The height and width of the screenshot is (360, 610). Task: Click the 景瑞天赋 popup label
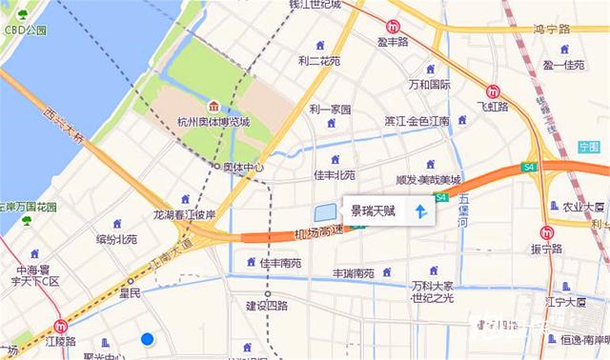pos(373,210)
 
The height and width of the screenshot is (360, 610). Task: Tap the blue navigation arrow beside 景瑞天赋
pos(420,210)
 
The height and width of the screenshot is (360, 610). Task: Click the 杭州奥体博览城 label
pos(213,122)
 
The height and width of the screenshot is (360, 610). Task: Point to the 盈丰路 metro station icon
pos(393,26)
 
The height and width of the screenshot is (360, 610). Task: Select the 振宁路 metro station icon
pos(546,232)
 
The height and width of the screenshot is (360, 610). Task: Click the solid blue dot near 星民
pos(147,338)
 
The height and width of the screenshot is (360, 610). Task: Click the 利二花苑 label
pos(318,60)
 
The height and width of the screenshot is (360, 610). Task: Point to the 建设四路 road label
pos(267,306)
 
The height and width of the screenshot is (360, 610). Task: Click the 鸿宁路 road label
pos(550,30)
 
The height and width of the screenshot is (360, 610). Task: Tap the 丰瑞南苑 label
pos(353,273)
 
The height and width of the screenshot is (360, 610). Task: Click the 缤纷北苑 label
pos(116,239)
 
